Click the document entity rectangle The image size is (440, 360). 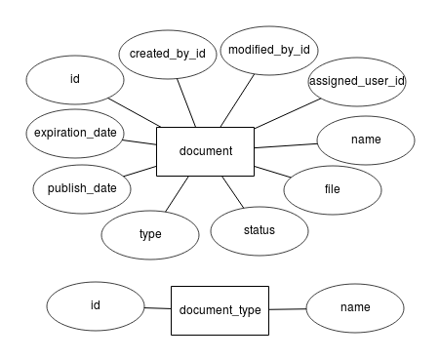pyautogui.click(x=205, y=151)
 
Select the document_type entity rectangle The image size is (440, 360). pyautogui.click(x=220, y=310)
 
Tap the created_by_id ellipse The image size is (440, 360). pyautogui.click(x=167, y=54)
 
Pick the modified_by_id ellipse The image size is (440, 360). pyautogui.click(x=268, y=49)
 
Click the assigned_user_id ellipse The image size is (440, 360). pyautogui.click(x=356, y=81)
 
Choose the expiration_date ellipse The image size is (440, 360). pyautogui.click(x=75, y=133)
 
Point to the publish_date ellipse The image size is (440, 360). pyautogui.click(x=82, y=188)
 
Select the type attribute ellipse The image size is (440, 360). pyautogui.click(x=149, y=234)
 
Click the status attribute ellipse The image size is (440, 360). pyautogui.click(x=259, y=230)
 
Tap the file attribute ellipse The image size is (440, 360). pyautogui.click(x=333, y=189)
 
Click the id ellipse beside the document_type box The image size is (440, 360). pyautogui.click(x=96, y=305)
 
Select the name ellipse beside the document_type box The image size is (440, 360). pyautogui.click(x=355, y=307)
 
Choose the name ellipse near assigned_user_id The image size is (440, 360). pyautogui.click(x=366, y=140)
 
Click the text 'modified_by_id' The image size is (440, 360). pyautogui.click(x=268, y=49)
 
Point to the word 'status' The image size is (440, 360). pyautogui.click(x=259, y=230)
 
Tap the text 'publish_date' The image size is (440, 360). pyautogui.click(x=82, y=188)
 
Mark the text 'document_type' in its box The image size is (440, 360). pyautogui.click(x=220, y=310)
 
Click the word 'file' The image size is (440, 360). pyautogui.click(x=333, y=189)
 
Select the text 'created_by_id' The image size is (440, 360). pyautogui.click(x=167, y=54)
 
